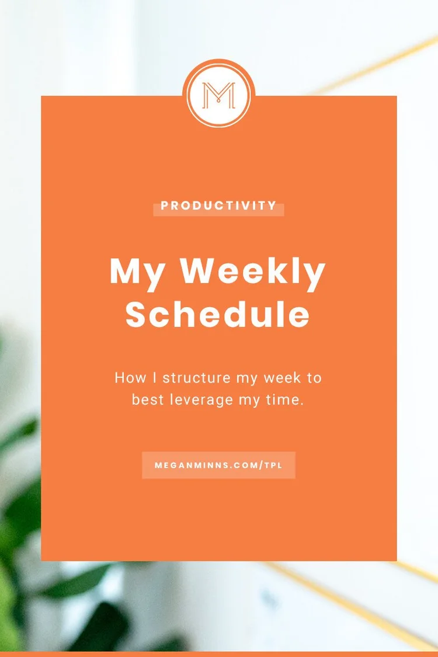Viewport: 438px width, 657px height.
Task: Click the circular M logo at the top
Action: tap(219, 93)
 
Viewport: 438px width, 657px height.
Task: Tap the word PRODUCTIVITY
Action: tap(218, 206)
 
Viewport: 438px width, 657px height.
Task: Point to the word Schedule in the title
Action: tap(217, 315)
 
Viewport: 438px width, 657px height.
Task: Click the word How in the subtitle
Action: tap(130, 377)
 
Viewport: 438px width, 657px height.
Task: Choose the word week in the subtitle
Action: tap(282, 377)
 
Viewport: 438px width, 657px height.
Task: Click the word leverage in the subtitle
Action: tap(200, 400)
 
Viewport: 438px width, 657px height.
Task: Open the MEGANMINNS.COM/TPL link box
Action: tap(218, 465)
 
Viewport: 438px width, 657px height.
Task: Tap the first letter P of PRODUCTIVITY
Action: tap(165, 206)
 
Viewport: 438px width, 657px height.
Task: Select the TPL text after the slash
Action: tap(272, 465)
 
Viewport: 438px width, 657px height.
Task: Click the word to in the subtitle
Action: tap(314, 377)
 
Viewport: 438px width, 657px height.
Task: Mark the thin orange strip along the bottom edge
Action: tap(219, 653)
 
